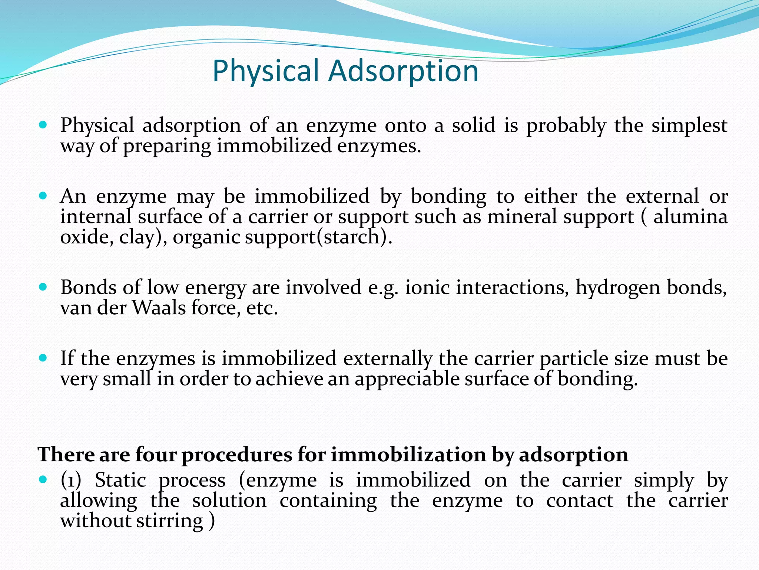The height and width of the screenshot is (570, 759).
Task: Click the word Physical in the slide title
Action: click(266, 71)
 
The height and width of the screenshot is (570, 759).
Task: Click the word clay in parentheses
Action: click(136, 237)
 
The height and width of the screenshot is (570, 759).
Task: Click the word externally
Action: click(388, 358)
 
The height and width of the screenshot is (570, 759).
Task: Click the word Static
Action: click(120, 481)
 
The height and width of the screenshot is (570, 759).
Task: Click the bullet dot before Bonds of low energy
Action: click(43, 287)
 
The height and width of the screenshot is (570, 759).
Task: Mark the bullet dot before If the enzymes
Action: click(43, 358)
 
